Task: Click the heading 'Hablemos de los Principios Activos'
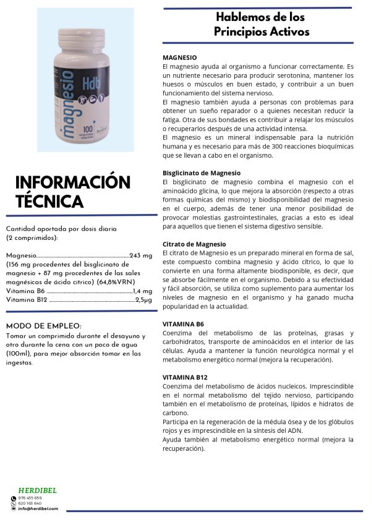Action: [x=260, y=24]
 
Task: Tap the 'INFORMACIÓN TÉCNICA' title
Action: [x=72, y=192]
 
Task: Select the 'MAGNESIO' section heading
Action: [x=180, y=57]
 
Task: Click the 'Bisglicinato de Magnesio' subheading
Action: [x=201, y=173]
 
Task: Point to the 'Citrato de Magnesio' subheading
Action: [x=194, y=244]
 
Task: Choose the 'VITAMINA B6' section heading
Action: [x=183, y=324]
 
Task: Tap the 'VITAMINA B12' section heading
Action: [x=185, y=377]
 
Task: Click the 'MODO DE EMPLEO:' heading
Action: [x=43, y=326]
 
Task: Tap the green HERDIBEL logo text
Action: [x=38, y=490]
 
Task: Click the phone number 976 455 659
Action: [x=30, y=498]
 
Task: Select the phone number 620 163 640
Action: [x=30, y=503]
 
